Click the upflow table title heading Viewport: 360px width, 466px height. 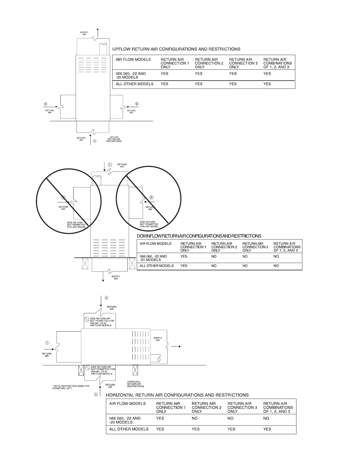tap(176, 49)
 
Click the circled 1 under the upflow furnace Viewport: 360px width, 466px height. tap(94, 141)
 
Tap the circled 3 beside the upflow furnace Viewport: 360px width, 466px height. tap(136, 104)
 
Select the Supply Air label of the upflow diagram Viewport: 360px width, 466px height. tap(84, 33)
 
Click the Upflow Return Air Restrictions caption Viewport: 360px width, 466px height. tap(114, 139)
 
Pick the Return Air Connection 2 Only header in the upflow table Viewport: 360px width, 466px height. tap(209, 63)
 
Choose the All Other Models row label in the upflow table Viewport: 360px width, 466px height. tap(134, 84)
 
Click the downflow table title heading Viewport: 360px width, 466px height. tap(199, 236)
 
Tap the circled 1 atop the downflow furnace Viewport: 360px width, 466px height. tap(110, 164)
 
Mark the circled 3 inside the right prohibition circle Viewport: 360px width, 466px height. tap(151, 197)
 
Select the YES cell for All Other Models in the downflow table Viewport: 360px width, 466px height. tap(184, 266)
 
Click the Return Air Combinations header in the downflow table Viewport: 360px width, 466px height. tap(287, 247)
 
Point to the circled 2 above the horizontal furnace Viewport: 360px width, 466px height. tap(106, 297)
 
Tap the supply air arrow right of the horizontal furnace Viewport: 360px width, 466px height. tap(176, 347)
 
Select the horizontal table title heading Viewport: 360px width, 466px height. tap(177, 395)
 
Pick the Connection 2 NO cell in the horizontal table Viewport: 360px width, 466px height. tap(195, 418)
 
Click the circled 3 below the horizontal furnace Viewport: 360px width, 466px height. tap(96, 395)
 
